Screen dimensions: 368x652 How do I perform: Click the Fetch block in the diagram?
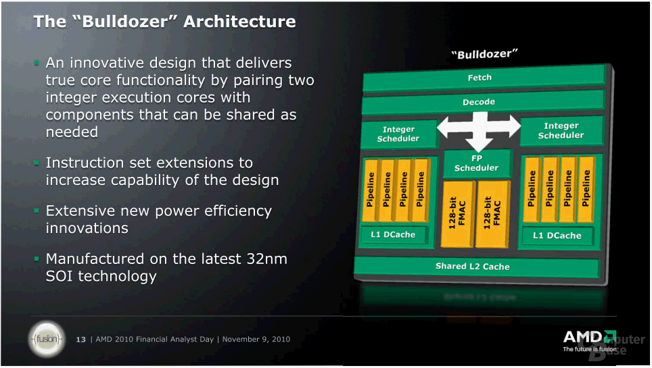pyautogui.click(x=480, y=78)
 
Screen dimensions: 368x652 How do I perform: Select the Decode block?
pyautogui.click(x=480, y=102)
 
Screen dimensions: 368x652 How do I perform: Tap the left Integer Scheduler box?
pyautogui.click(x=398, y=134)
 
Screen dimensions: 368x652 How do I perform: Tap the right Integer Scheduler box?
pyautogui.click(x=561, y=130)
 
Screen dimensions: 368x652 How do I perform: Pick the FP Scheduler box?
pyautogui.click(x=476, y=163)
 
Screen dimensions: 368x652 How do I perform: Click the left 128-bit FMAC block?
pyautogui.click(x=457, y=212)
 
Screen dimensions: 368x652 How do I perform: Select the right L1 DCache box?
pyautogui.click(x=557, y=235)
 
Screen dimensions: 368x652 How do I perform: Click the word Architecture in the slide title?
pyautogui.click(x=239, y=22)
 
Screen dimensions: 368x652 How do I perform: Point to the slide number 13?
pyautogui.click(x=81, y=339)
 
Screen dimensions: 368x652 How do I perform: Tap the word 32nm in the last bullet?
pyautogui.click(x=270, y=259)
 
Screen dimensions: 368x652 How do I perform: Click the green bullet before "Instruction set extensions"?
pyautogui.click(x=38, y=163)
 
